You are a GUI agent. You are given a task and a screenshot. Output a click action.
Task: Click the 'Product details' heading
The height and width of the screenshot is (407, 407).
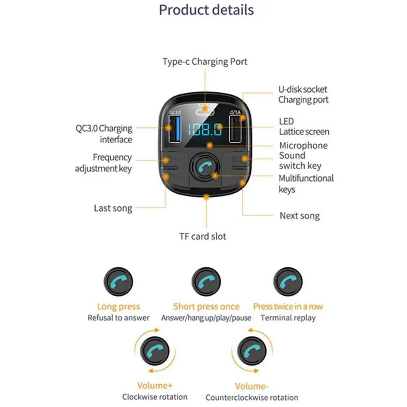point(206,10)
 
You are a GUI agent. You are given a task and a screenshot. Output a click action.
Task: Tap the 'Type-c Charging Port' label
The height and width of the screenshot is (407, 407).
point(205,62)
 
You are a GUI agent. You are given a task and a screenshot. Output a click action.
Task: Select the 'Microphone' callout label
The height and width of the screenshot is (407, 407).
point(303,145)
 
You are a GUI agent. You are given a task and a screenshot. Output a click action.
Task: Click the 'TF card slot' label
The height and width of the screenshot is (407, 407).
point(203,236)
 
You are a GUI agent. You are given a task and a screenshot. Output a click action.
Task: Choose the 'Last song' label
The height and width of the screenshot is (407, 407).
point(113,208)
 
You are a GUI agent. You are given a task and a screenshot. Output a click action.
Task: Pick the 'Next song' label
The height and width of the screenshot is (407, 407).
point(300,216)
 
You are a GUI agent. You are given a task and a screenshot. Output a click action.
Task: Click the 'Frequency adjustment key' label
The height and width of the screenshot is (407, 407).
point(103,163)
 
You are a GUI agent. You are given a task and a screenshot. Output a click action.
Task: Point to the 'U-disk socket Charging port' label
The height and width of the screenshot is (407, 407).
point(303,94)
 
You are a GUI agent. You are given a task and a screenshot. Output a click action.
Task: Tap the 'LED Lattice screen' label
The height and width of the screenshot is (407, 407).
point(304,126)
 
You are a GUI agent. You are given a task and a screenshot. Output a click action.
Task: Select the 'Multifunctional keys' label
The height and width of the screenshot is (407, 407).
point(306,184)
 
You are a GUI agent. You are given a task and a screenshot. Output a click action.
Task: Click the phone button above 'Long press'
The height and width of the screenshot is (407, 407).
point(118,282)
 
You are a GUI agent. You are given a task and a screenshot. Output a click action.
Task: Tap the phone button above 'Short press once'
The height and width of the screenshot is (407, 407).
point(206,282)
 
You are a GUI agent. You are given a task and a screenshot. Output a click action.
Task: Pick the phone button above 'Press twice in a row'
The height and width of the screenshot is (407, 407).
point(288,282)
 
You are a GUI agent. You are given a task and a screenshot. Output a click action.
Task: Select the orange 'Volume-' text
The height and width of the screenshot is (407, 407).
point(252,386)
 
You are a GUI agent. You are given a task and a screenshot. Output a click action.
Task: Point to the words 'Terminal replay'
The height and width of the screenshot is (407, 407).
point(288,317)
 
